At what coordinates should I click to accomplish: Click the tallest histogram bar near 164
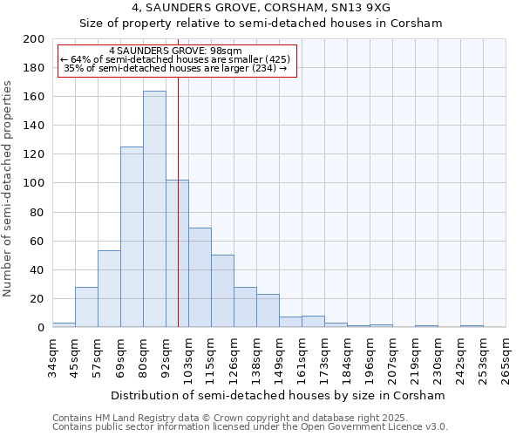(154, 209)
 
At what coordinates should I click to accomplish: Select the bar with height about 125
(132, 237)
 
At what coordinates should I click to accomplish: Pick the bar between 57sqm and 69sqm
(109, 289)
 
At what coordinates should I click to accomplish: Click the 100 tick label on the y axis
(35, 183)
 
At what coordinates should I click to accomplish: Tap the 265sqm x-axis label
(506, 358)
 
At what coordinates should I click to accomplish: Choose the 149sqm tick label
(279, 358)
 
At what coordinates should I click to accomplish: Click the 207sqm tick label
(392, 358)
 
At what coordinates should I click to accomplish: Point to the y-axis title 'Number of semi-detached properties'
(9, 188)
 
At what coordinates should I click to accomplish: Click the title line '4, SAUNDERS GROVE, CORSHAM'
(261, 8)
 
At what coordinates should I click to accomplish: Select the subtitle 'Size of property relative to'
(261, 24)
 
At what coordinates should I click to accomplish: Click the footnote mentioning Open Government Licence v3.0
(250, 426)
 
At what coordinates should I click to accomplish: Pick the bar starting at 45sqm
(86, 307)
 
